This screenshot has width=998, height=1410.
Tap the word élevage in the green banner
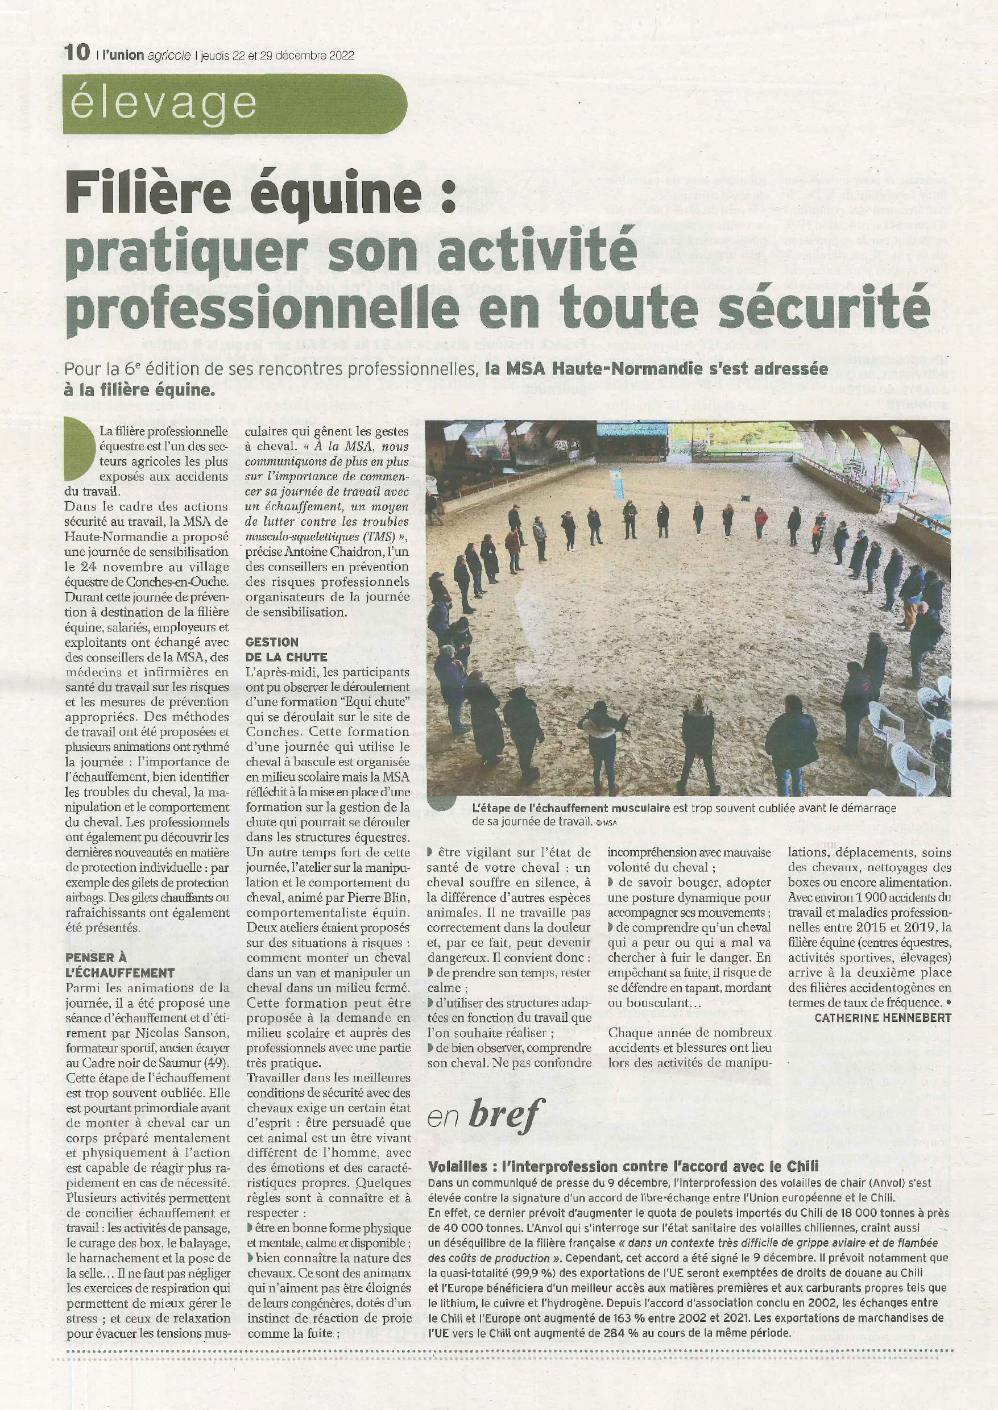163,103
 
